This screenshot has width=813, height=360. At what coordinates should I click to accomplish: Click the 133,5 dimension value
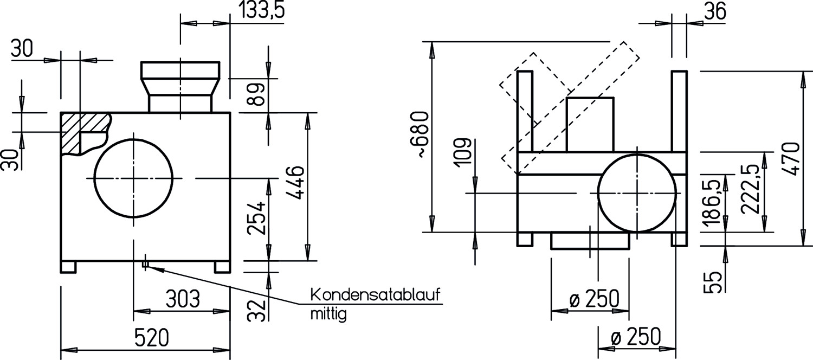[x=262, y=9]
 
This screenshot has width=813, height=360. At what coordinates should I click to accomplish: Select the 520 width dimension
[x=152, y=338]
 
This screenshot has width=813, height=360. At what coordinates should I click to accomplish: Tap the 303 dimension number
[x=183, y=299]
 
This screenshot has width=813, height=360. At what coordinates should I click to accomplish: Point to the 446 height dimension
[x=295, y=183]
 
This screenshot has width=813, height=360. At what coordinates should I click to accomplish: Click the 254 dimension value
[x=256, y=218]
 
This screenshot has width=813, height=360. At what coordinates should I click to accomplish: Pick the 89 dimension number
[x=256, y=94]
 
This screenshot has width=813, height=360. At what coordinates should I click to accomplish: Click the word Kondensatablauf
[x=376, y=295]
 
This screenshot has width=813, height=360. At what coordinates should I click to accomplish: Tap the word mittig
[x=328, y=314]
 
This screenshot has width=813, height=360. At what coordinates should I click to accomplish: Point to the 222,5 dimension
[x=750, y=189]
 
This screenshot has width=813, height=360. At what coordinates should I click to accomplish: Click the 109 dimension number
[x=462, y=153]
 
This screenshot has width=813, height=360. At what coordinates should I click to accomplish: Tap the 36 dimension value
[x=715, y=11]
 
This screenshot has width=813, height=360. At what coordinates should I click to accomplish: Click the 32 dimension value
[x=256, y=311]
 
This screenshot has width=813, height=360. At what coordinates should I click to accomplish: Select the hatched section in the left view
[x=86, y=133]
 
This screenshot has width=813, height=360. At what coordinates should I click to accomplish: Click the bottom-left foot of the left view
[x=68, y=267]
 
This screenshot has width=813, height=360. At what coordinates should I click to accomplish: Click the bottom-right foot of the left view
[x=222, y=267]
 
